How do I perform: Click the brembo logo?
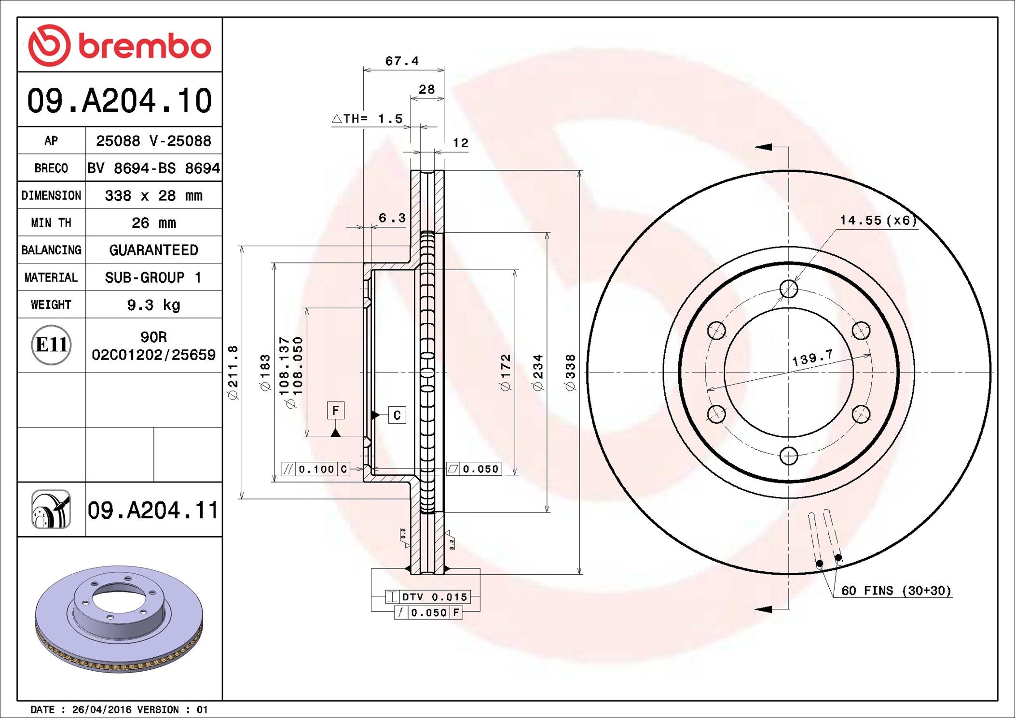click(119, 45)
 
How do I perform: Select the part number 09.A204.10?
click(119, 101)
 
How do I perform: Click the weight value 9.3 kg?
click(153, 305)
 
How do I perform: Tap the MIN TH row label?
click(51, 223)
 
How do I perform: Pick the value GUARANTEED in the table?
click(153, 250)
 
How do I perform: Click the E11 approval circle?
click(51, 345)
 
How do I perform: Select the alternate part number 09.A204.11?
click(153, 510)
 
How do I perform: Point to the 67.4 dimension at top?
click(401, 61)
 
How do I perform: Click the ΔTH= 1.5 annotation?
click(368, 119)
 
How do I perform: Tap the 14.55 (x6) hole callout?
click(878, 221)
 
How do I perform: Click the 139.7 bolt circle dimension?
click(812, 358)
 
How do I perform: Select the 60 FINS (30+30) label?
click(896, 591)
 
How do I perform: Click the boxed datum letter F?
click(336, 411)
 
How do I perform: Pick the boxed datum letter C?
click(397, 415)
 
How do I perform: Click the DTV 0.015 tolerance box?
click(427, 597)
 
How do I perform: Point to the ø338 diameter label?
click(570, 372)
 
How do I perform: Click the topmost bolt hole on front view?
click(789, 289)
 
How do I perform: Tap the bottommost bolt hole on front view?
click(789, 456)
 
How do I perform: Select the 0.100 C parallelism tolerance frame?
click(315, 469)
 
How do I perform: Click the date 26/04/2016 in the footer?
click(101, 710)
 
